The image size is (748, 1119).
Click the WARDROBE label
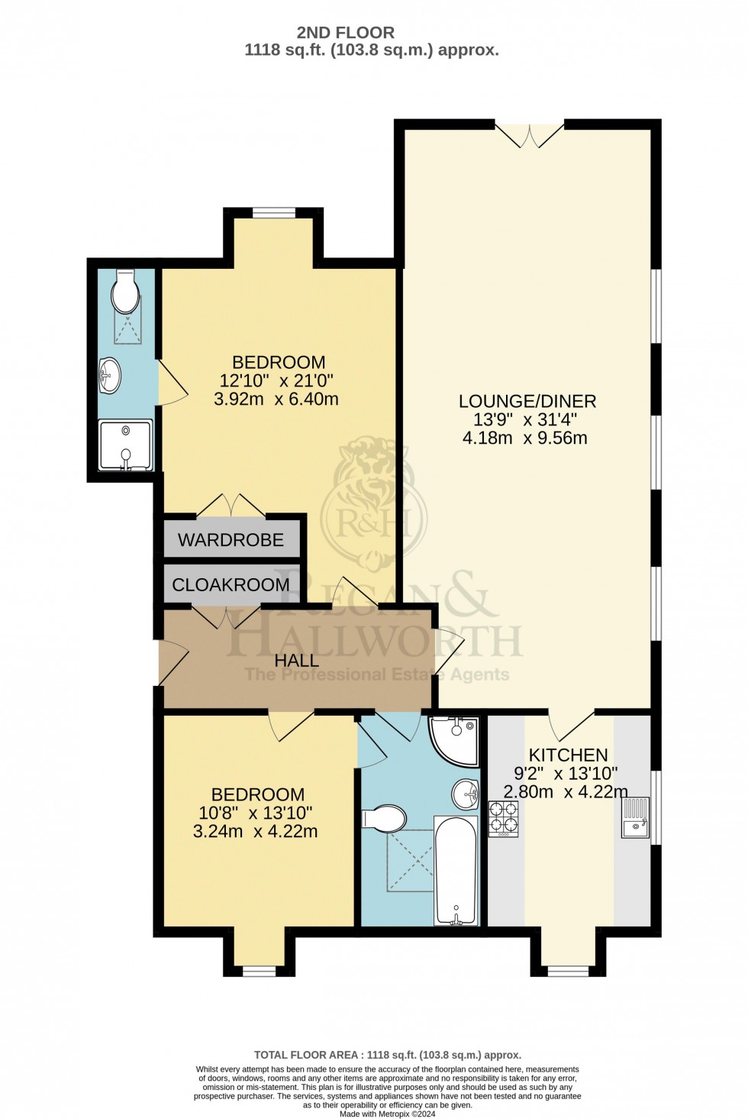tap(231, 540)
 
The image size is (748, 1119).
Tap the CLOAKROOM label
tap(231, 585)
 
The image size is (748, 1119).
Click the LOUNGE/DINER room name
tap(527, 401)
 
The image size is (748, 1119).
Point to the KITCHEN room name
tap(568, 755)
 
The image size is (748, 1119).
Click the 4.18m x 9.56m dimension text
tap(525, 438)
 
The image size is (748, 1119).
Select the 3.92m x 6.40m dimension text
tap(279, 399)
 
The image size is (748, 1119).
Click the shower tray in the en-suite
tap(125, 445)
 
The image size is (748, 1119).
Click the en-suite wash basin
tap(110, 376)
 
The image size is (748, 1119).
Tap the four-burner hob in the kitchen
tap(504, 817)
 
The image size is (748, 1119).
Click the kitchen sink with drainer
tap(635, 818)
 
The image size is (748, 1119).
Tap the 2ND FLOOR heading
tap(346, 33)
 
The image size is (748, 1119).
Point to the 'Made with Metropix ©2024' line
tap(387, 1114)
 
